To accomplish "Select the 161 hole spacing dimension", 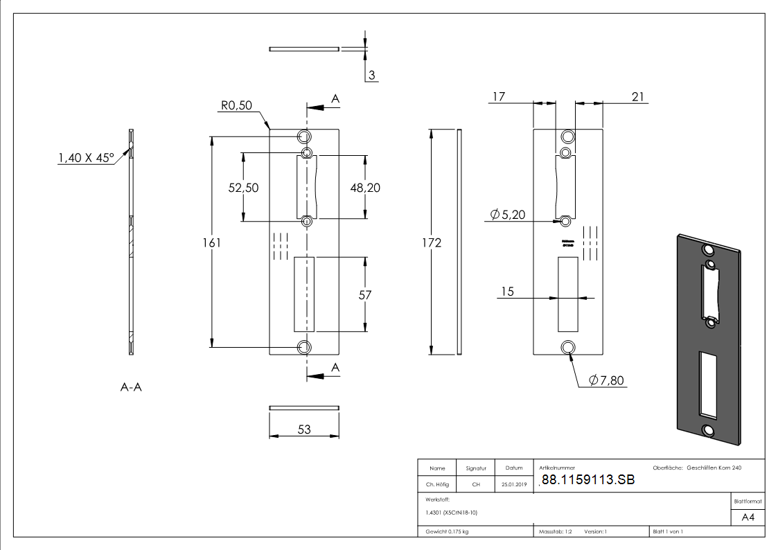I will point(212,242).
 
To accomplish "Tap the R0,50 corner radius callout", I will point(236,105).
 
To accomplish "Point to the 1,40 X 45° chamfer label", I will point(86,158).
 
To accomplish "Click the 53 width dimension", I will point(303,429).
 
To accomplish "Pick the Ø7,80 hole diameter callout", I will point(608,380).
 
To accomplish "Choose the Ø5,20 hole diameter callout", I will point(507,215).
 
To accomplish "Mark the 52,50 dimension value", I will point(244,188).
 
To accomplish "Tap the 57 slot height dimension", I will point(365,295).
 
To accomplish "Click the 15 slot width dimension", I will point(507,292).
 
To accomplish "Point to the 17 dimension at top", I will point(498,96).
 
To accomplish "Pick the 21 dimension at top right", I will point(638,96).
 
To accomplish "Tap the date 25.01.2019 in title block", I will point(513,485).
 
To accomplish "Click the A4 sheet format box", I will point(748,517).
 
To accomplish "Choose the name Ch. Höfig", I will point(437,485).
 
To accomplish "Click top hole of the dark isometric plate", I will point(708,249).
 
